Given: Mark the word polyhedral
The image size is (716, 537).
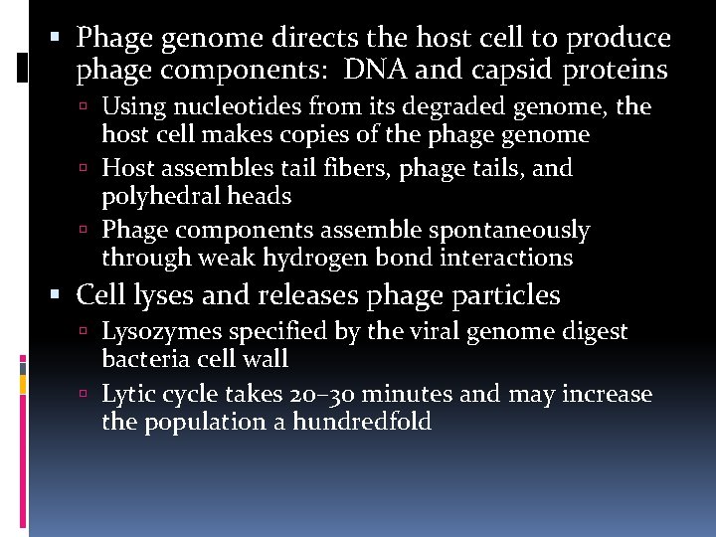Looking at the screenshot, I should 158,196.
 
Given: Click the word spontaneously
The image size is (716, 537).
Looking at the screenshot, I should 509,231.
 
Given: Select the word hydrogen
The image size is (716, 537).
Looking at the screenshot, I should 310,259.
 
